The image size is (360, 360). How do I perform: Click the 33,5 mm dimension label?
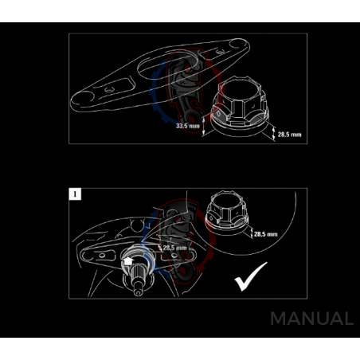pos(188,126)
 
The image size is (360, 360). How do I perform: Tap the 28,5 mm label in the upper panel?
pos(289,135)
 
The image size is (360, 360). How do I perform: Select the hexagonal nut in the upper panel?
pos(241,106)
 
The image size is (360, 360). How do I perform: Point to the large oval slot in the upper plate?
pos(170,65)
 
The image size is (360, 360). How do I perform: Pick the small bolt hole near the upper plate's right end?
pos(221,52)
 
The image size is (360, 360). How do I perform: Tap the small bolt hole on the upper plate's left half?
pos(108,89)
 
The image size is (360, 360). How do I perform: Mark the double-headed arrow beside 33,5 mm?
pos(204,127)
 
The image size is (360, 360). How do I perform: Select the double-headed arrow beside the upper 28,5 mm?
pos(274,133)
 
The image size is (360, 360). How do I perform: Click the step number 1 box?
pos(75,194)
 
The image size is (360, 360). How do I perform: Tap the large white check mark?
pos(251,276)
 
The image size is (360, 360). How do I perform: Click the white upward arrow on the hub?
pos(128,261)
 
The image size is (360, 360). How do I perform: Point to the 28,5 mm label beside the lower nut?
pos(265,234)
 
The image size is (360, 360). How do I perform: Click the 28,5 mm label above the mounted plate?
pos(174,248)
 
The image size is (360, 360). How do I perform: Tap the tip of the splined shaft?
pos(138,292)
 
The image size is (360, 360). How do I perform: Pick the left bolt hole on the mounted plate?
pos(102,256)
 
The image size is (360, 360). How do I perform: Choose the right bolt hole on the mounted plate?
pos(174,256)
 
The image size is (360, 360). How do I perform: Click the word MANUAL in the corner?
pos(311,319)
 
